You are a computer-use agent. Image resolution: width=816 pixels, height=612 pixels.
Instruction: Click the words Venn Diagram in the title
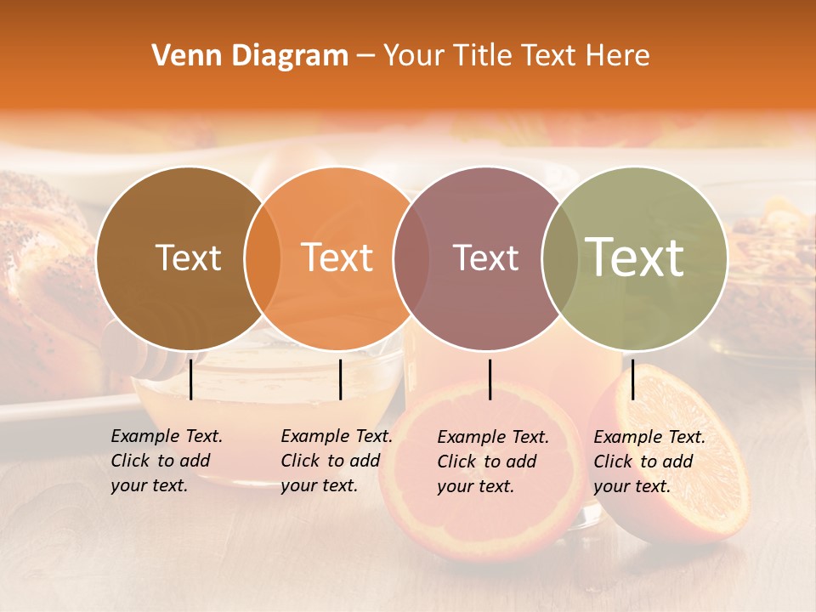tap(250, 56)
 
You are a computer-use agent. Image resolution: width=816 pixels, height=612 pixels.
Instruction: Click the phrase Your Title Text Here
tap(516, 56)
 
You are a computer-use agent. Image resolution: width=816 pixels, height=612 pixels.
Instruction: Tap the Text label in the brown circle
tap(188, 258)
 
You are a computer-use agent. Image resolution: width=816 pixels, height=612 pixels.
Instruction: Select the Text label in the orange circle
tap(337, 258)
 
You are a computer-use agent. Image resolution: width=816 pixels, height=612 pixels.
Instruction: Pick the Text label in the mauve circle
tap(485, 258)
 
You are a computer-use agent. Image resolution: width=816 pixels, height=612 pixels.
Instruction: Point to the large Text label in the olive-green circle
tap(635, 258)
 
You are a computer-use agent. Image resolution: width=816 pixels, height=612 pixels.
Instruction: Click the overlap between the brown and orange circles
tap(263, 258)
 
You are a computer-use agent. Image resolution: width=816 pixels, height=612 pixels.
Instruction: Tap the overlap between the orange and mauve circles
tap(411, 258)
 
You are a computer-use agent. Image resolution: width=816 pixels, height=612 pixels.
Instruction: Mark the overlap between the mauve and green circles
tap(559, 258)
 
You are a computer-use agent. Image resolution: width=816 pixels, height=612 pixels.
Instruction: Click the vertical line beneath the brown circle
tap(191, 379)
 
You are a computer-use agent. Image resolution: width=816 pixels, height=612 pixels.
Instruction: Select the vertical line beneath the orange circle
tap(340, 379)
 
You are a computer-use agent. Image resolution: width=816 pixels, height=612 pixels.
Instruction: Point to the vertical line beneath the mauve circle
tap(490, 379)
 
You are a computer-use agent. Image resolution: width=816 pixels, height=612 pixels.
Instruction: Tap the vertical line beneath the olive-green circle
tap(632, 379)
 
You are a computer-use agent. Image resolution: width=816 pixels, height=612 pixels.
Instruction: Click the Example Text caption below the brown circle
tap(167, 461)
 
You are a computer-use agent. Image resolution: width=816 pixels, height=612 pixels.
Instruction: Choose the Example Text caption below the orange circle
tap(337, 461)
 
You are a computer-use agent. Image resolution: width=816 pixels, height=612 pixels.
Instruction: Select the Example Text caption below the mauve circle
tap(493, 462)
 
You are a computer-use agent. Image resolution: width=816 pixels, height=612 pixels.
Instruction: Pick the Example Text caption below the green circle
tap(649, 462)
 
